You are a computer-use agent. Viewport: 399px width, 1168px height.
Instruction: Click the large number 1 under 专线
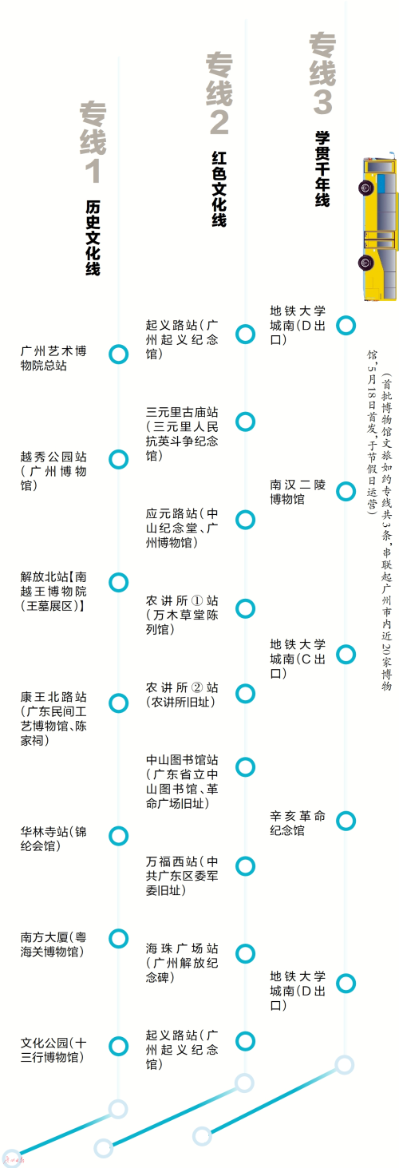click(x=93, y=171)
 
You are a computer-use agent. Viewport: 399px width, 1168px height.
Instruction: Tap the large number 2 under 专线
click(x=219, y=122)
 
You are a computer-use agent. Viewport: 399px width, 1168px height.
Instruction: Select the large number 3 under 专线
click(x=322, y=101)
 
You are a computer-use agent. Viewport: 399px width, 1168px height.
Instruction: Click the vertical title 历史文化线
click(x=93, y=238)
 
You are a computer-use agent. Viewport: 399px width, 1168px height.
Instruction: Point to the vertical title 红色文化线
click(x=219, y=188)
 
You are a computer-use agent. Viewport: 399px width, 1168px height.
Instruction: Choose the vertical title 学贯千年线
click(x=322, y=168)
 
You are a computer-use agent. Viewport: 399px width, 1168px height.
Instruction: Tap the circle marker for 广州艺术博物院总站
click(x=119, y=354)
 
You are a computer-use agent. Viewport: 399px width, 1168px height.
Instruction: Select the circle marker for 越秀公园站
click(x=119, y=459)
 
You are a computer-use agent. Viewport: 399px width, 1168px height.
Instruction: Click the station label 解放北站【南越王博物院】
click(x=53, y=592)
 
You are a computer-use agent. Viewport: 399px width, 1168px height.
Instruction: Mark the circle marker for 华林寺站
click(x=119, y=836)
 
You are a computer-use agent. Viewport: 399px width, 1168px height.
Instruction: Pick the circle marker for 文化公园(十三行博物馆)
click(x=119, y=1046)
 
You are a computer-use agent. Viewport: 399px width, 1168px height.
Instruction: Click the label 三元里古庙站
click(x=182, y=434)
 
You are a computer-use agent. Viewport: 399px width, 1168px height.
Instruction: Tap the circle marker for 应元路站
click(x=245, y=520)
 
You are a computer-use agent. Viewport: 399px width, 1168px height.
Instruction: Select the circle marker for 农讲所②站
click(x=245, y=694)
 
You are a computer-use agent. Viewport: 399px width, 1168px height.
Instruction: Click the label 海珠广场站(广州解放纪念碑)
click(x=182, y=963)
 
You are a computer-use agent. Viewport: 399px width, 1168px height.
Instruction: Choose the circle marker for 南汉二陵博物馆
click(x=346, y=491)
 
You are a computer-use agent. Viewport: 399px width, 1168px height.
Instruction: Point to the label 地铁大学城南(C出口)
click(x=298, y=659)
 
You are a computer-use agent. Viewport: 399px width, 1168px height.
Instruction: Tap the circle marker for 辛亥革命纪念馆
click(x=346, y=821)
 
